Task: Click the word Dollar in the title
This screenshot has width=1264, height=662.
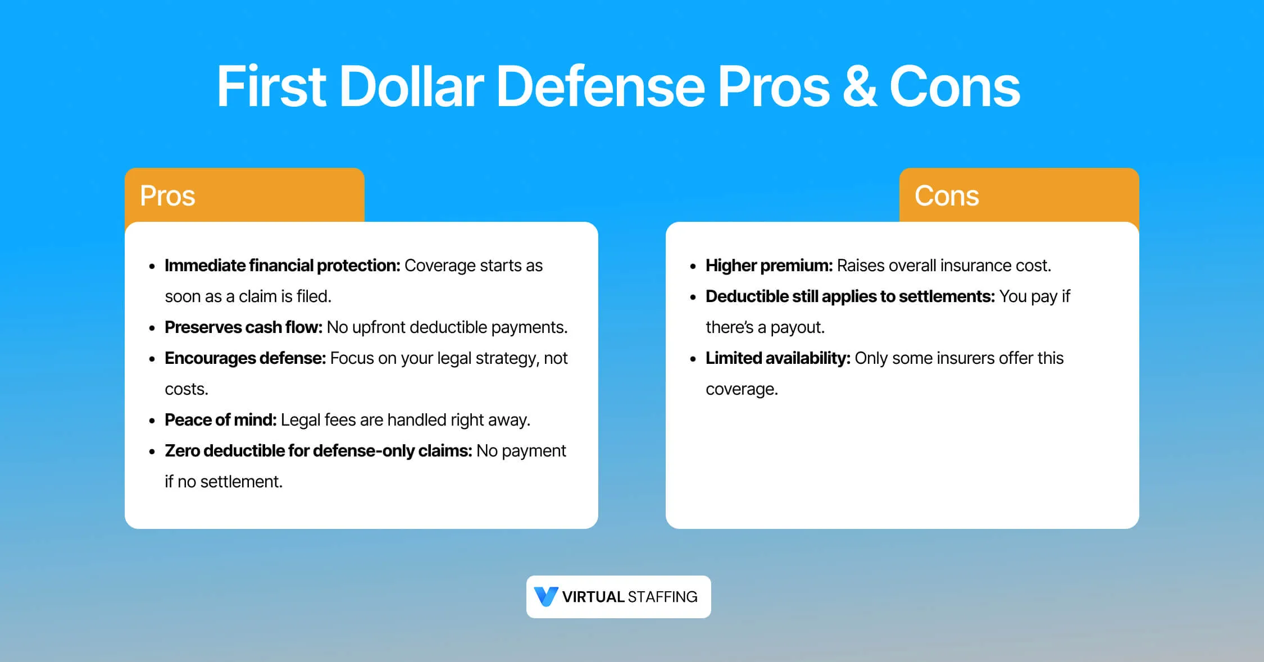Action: click(411, 86)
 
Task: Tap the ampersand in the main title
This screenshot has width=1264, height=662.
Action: click(860, 86)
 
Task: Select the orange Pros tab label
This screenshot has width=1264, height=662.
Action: click(167, 196)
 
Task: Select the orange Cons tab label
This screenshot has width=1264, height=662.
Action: click(947, 196)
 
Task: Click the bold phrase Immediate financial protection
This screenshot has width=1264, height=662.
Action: click(282, 266)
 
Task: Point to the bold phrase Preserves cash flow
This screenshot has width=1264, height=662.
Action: click(243, 327)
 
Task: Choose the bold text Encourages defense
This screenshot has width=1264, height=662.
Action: click(245, 358)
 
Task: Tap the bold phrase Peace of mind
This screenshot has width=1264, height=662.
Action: click(220, 420)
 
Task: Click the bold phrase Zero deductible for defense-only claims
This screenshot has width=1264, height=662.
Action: click(318, 451)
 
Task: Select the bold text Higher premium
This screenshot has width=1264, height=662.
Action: click(769, 266)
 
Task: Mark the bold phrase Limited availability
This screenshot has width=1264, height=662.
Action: click(778, 358)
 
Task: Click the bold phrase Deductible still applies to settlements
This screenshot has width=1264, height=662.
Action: click(850, 296)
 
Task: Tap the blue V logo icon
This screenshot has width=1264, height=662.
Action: click(545, 596)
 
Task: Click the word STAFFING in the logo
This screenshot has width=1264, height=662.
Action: click(663, 597)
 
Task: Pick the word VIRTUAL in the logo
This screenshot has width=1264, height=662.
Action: click(593, 597)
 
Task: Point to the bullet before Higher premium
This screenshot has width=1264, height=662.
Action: click(693, 267)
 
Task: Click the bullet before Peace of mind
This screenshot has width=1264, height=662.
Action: click(152, 421)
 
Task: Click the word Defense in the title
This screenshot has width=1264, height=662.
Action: click(600, 86)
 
